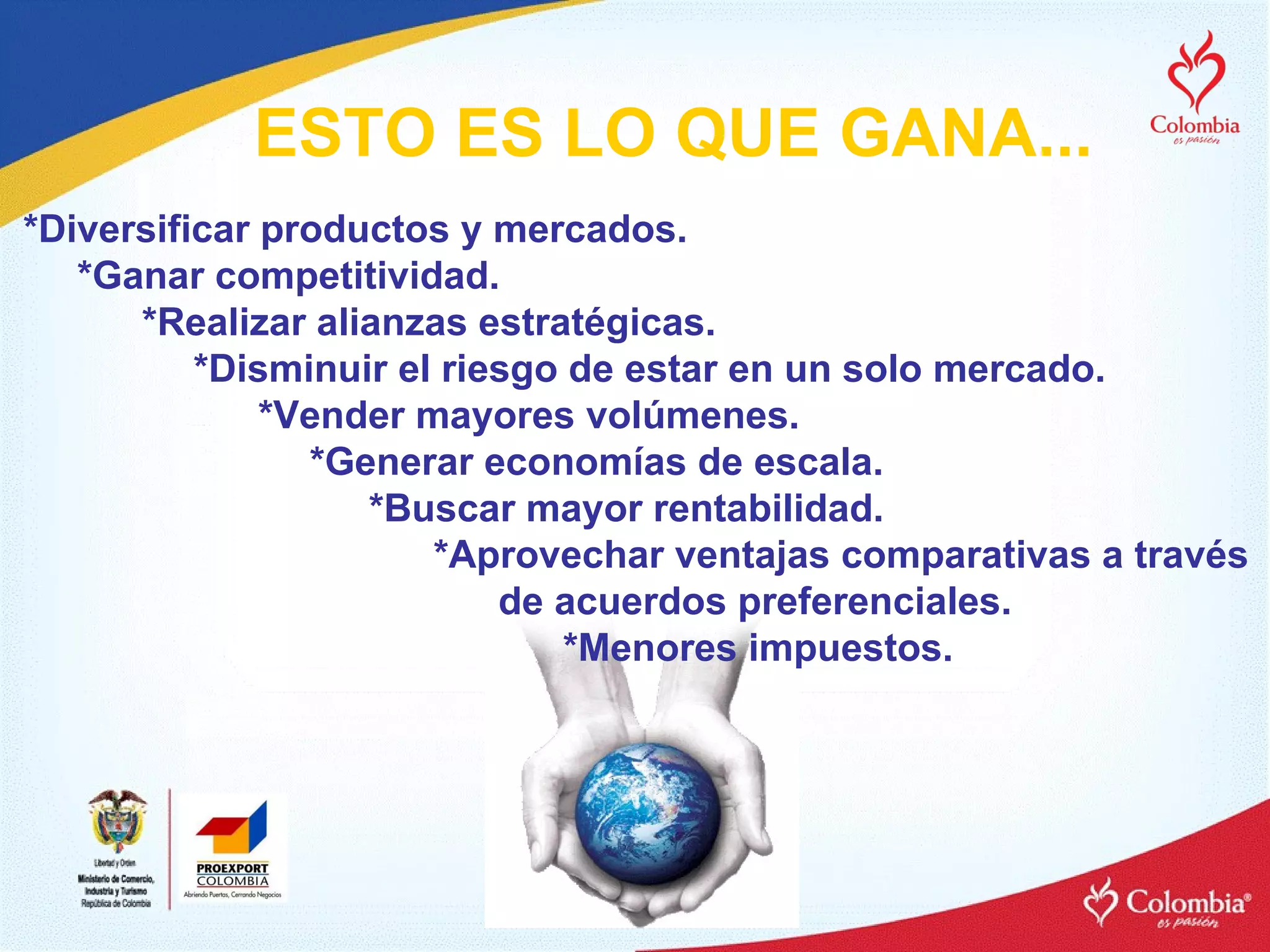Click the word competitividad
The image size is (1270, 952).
tap(357, 276)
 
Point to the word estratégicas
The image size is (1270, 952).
tap(597, 323)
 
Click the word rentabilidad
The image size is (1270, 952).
tap(768, 509)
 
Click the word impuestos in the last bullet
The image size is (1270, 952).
tap(850, 648)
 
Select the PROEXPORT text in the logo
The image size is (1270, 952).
tap(233, 868)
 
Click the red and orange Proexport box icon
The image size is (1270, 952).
tap(233, 828)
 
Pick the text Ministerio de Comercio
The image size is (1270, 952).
tap(116, 879)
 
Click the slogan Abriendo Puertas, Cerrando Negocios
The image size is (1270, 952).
tap(233, 894)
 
